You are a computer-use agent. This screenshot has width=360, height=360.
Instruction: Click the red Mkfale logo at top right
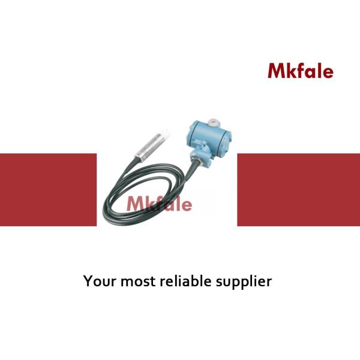(300, 71)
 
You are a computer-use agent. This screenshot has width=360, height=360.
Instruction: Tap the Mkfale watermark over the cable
(159, 204)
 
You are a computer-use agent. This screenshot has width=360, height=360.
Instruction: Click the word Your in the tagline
(97, 280)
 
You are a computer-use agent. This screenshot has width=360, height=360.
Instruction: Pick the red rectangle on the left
(48, 190)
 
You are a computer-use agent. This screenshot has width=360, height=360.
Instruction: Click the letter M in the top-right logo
(276, 71)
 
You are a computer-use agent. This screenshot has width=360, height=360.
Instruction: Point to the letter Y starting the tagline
(87, 280)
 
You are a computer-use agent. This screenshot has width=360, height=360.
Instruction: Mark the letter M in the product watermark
(134, 204)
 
